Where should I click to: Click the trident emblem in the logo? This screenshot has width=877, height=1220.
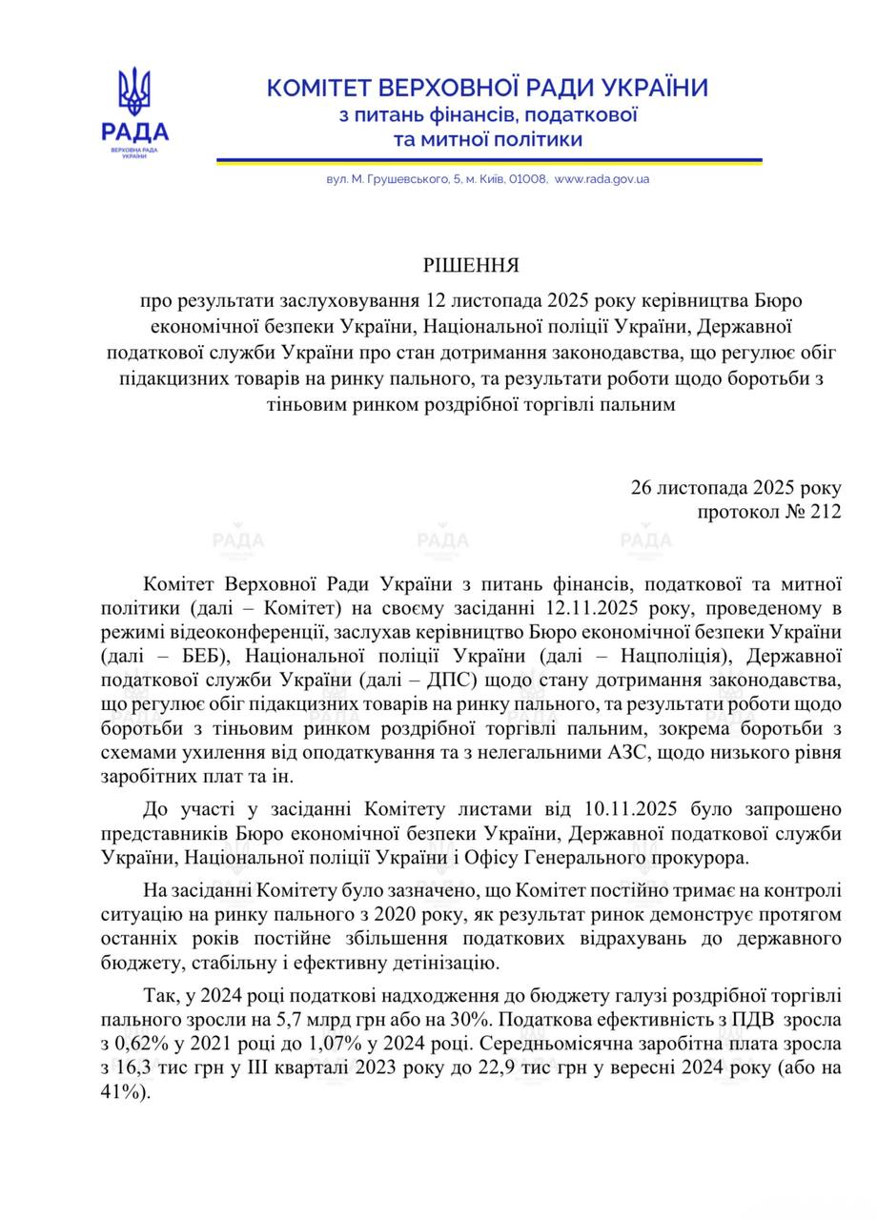(x=134, y=92)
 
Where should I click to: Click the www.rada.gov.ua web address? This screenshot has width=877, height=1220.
(x=602, y=178)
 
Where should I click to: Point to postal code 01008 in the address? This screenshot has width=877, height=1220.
(x=528, y=178)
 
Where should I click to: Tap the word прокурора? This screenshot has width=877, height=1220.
(x=691, y=858)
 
